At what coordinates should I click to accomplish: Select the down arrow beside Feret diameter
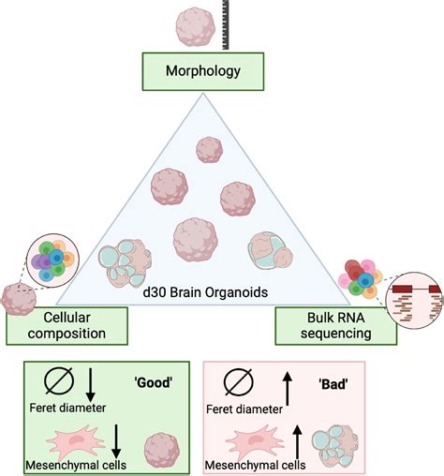[91, 384]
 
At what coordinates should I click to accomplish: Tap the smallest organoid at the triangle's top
[208, 147]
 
